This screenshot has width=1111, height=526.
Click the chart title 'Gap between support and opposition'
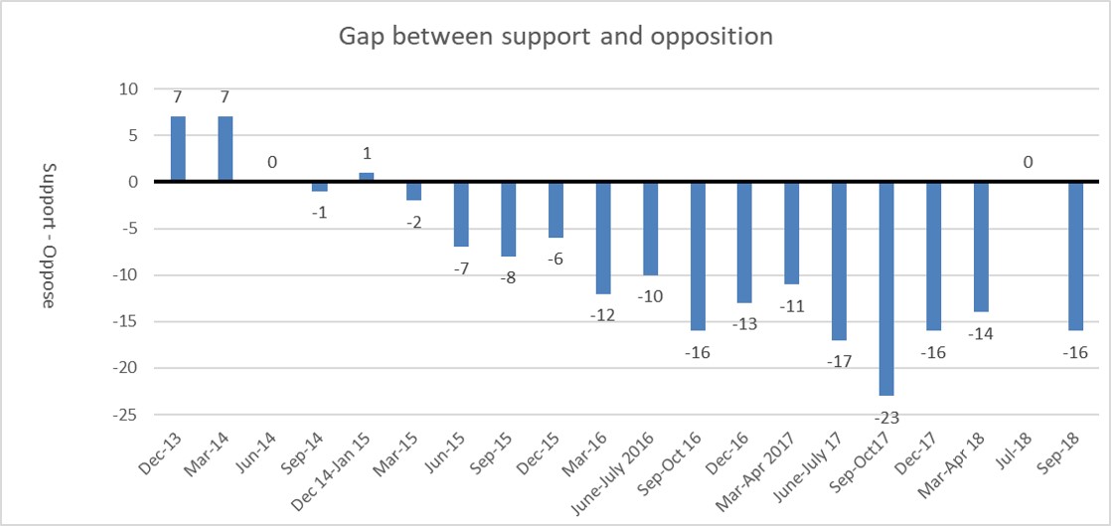pyautogui.click(x=555, y=37)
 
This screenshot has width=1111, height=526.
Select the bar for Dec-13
pyautogui.click(x=178, y=149)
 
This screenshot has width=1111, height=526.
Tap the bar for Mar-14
pyautogui.click(x=225, y=149)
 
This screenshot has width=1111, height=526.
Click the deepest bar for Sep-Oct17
pyautogui.click(x=885, y=288)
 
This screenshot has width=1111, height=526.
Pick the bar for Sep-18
pyautogui.click(x=1075, y=256)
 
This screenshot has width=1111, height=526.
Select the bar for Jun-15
pyautogui.click(x=461, y=214)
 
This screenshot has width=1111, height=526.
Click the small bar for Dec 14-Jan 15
pyautogui.click(x=367, y=177)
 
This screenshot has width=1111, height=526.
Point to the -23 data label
pyautogui.click(x=886, y=418)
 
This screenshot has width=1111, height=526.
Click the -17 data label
pyautogui.click(x=839, y=361)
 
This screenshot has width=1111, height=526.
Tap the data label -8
pyautogui.click(x=509, y=277)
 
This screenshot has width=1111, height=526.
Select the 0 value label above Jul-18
pyautogui.click(x=1028, y=161)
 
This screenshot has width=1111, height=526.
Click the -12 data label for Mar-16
pyautogui.click(x=603, y=314)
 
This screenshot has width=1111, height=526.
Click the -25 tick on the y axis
pyautogui.click(x=127, y=414)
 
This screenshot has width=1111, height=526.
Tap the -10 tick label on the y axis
pyautogui.click(x=127, y=275)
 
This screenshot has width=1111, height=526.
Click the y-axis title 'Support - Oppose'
pyautogui.click(x=48, y=235)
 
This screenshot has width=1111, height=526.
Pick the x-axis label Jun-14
pyautogui.click(x=259, y=453)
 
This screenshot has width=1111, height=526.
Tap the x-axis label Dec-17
pyautogui.click(x=923, y=453)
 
